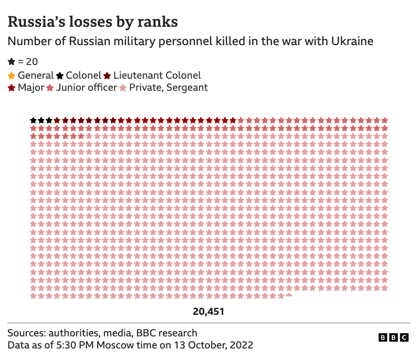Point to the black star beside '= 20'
(12, 62)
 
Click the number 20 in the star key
(32, 62)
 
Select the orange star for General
(12, 76)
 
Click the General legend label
(36, 76)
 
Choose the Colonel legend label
(83, 76)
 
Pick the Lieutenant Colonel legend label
(157, 76)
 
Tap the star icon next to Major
(12, 88)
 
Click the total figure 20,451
(208, 312)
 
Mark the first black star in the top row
(33, 120)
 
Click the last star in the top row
(384, 120)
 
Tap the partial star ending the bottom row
(288, 295)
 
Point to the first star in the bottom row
(33, 296)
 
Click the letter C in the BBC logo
(404, 338)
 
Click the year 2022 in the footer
(241, 345)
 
